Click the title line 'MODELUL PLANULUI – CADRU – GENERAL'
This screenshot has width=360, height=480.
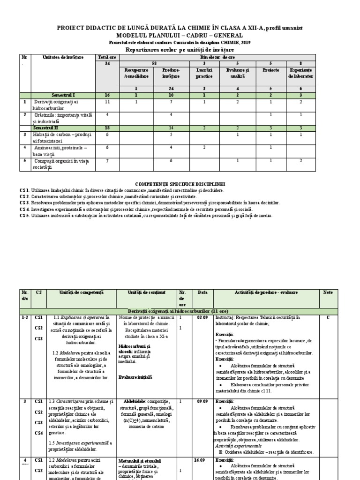(x=180, y=36)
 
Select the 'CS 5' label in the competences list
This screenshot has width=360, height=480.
(x=24, y=216)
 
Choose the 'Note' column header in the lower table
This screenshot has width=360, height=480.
(x=328, y=292)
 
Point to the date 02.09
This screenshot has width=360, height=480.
(x=202, y=317)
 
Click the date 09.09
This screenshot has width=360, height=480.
(x=202, y=402)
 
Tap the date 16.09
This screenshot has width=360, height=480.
(x=202, y=460)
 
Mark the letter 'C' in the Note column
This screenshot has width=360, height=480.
(x=328, y=317)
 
